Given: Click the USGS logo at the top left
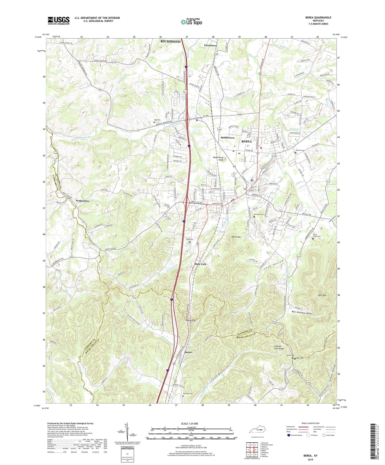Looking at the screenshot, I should (59, 21).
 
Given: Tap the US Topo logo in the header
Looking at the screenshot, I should (191, 22).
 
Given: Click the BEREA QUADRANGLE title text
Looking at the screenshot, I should (318, 18).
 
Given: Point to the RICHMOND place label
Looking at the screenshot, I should (170, 42).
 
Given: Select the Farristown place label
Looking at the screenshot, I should (210, 46).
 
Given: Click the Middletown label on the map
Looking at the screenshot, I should (227, 138).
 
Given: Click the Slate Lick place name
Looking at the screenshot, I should (200, 264).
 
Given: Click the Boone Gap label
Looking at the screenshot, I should (191, 321).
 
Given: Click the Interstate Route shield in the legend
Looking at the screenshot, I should (289, 435).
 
